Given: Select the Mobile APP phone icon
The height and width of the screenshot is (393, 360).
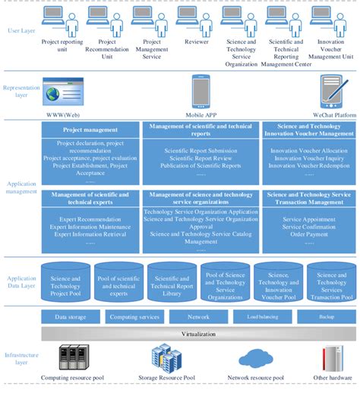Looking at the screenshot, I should coord(201,91).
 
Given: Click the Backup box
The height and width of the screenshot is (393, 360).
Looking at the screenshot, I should coord(326,318).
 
